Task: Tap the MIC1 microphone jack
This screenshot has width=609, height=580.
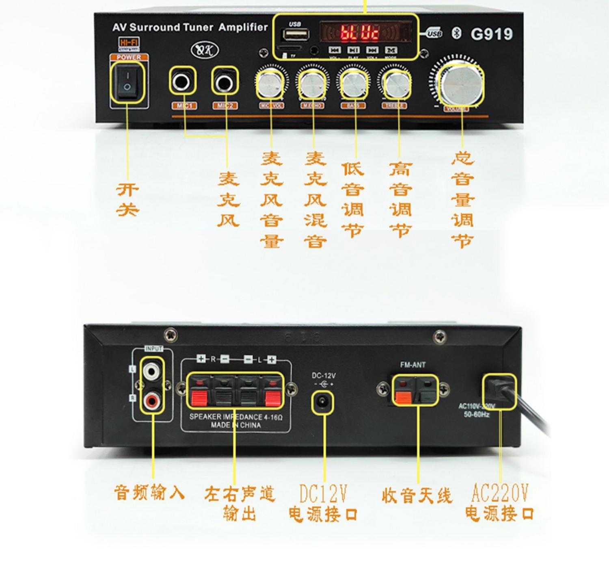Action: tap(182, 82)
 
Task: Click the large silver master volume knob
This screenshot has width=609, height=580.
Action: tap(461, 85)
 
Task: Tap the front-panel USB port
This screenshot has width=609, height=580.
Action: tap(295, 35)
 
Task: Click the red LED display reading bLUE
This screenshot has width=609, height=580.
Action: tap(360, 32)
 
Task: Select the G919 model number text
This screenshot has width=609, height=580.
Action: tap(491, 34)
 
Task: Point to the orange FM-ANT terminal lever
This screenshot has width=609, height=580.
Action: tap(403, 398)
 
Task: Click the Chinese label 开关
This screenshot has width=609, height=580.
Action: tap(127, 200)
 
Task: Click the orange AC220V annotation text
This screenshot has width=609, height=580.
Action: tap(499, 493)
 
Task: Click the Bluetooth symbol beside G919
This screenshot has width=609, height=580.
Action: tap(456, 34)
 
